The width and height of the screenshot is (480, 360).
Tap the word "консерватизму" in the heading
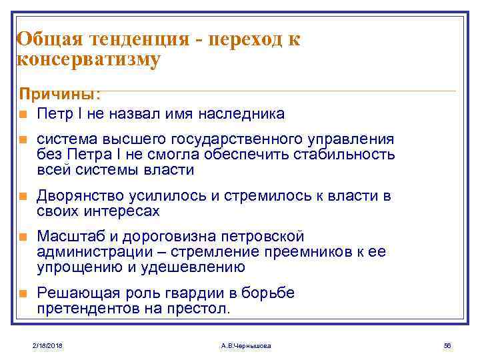pos(88,60)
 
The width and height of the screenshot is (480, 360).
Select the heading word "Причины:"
pos(60,94)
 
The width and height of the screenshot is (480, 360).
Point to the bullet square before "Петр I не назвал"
pos(23,114)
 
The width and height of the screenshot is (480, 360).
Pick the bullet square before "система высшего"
pos(23,140)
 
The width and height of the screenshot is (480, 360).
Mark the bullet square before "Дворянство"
pos(23,197)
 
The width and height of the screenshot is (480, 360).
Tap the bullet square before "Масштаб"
pos(23,237)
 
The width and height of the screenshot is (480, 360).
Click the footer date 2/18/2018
pos(47,345)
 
